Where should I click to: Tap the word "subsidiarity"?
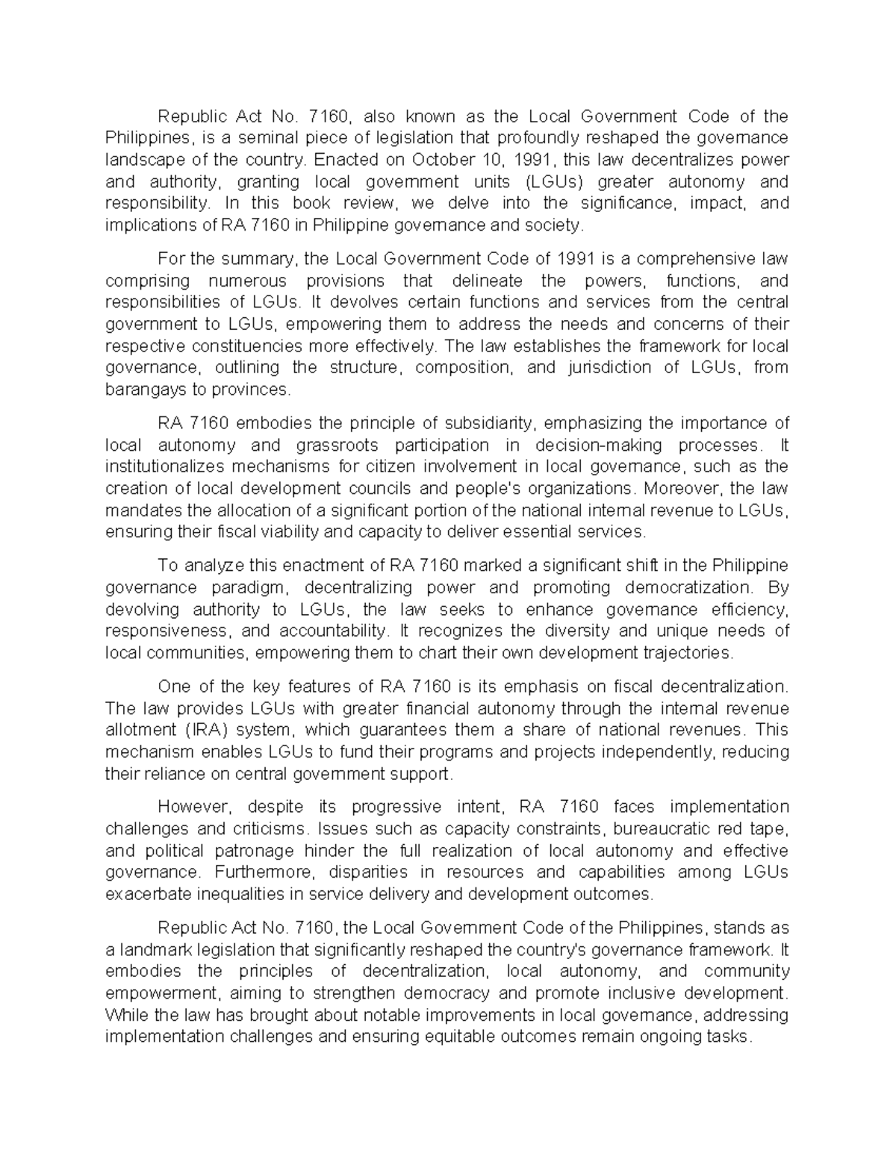click(x=490, y=423)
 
